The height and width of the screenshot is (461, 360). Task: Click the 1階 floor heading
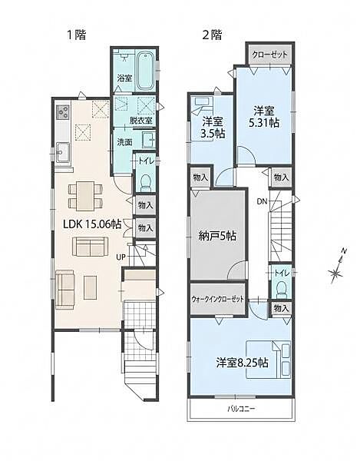pos(77,35)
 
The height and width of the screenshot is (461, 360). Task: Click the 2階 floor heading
pos(212,35)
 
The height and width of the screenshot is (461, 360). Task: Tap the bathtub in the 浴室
pos(146,71)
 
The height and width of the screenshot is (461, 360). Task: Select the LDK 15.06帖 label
pos(93,224)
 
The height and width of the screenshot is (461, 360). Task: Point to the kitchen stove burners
pos(63,112)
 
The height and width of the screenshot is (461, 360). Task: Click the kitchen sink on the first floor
pos(63,151)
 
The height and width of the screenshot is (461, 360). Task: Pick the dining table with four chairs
pos(85,196)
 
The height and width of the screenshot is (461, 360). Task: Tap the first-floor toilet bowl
pos(145,183)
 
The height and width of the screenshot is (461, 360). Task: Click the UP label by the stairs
pos(121,257)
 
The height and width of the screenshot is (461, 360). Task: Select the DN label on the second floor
pos(262,201)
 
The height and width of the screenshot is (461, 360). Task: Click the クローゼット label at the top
pos(270,55)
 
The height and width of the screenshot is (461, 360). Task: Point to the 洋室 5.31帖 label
pos(264,117)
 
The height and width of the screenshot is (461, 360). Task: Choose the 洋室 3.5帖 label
pos(213,128)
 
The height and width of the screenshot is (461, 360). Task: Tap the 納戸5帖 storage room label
pos(217,236)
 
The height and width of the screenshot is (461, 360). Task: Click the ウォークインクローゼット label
pos(217,300)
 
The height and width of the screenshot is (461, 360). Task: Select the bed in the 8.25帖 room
pos(268,359)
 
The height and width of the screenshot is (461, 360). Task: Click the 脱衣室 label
pos(141,121)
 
